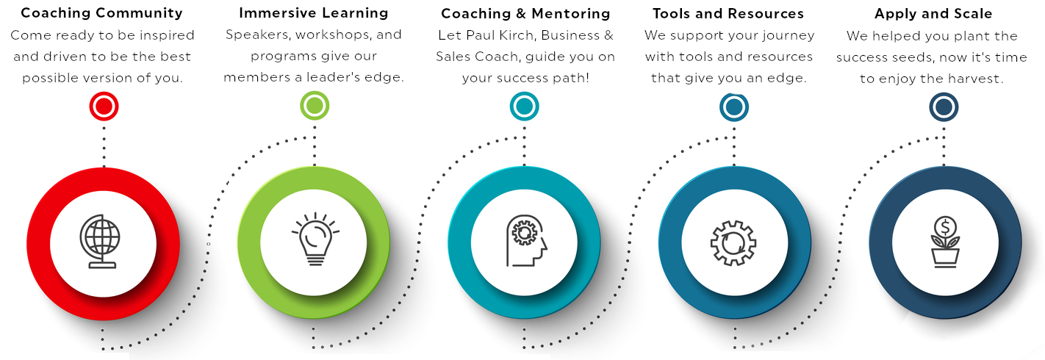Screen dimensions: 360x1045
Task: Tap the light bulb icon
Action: click(314, 242)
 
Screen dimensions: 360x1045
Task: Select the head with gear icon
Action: click(524, 242)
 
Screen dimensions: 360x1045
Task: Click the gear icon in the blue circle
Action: click(734, 243)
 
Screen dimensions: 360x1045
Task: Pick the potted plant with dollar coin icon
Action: click(944, 242)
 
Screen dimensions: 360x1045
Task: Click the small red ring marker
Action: click(104, 107)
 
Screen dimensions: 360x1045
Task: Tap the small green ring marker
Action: click(315, 107)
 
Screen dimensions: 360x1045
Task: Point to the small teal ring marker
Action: click(524, 107)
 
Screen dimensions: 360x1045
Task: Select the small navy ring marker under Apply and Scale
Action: click(944, 107)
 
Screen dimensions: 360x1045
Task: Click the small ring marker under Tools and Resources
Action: click(734, 107)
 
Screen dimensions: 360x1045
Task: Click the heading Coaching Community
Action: click(101, 13)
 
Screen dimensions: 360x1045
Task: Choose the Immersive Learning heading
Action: click(314, 13)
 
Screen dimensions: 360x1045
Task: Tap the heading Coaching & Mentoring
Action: click(525, 14)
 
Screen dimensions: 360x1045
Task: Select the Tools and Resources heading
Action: click(728, 14)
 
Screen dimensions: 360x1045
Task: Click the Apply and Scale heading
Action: click(933, 14)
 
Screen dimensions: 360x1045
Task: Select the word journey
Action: click(787, 35)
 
